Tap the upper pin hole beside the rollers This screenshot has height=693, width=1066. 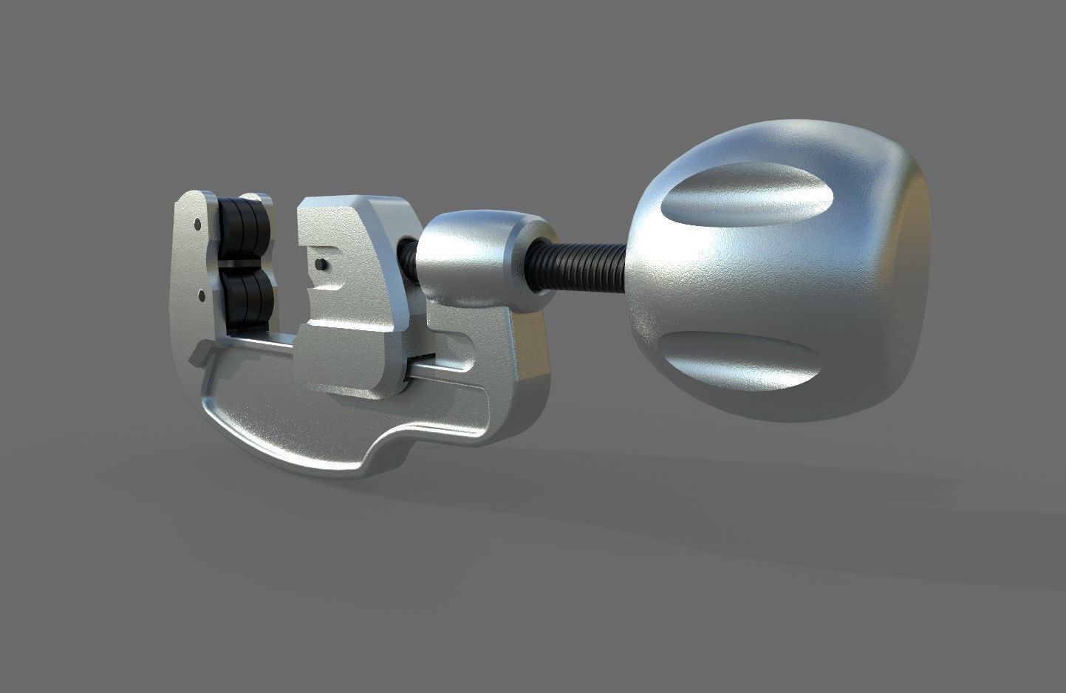coord(197,222)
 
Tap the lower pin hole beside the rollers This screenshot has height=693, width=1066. coord(201,296)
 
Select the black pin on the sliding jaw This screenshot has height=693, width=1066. coord(320,264)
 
